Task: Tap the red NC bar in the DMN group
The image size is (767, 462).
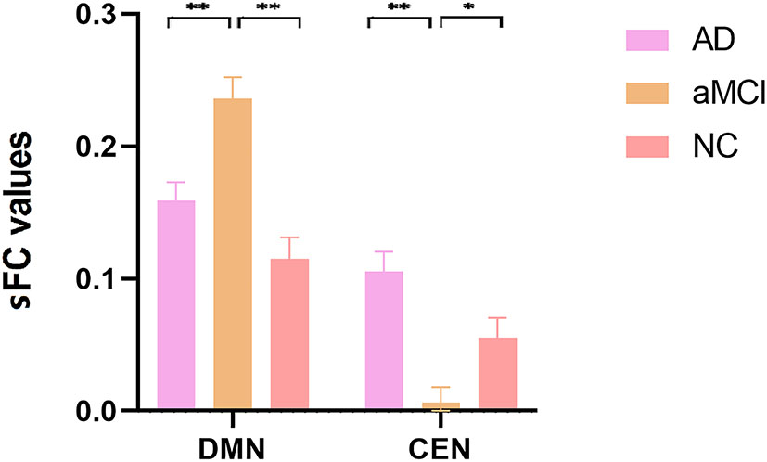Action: click(x=289, y=334)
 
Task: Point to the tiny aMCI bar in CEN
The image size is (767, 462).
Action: click(x=441, y=406)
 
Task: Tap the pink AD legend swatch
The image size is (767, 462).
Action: click(x=642, y=41)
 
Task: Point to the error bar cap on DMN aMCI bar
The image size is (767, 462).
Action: click(x=233, y=77)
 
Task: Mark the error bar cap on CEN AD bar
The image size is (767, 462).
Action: click(x=384, y=251)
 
